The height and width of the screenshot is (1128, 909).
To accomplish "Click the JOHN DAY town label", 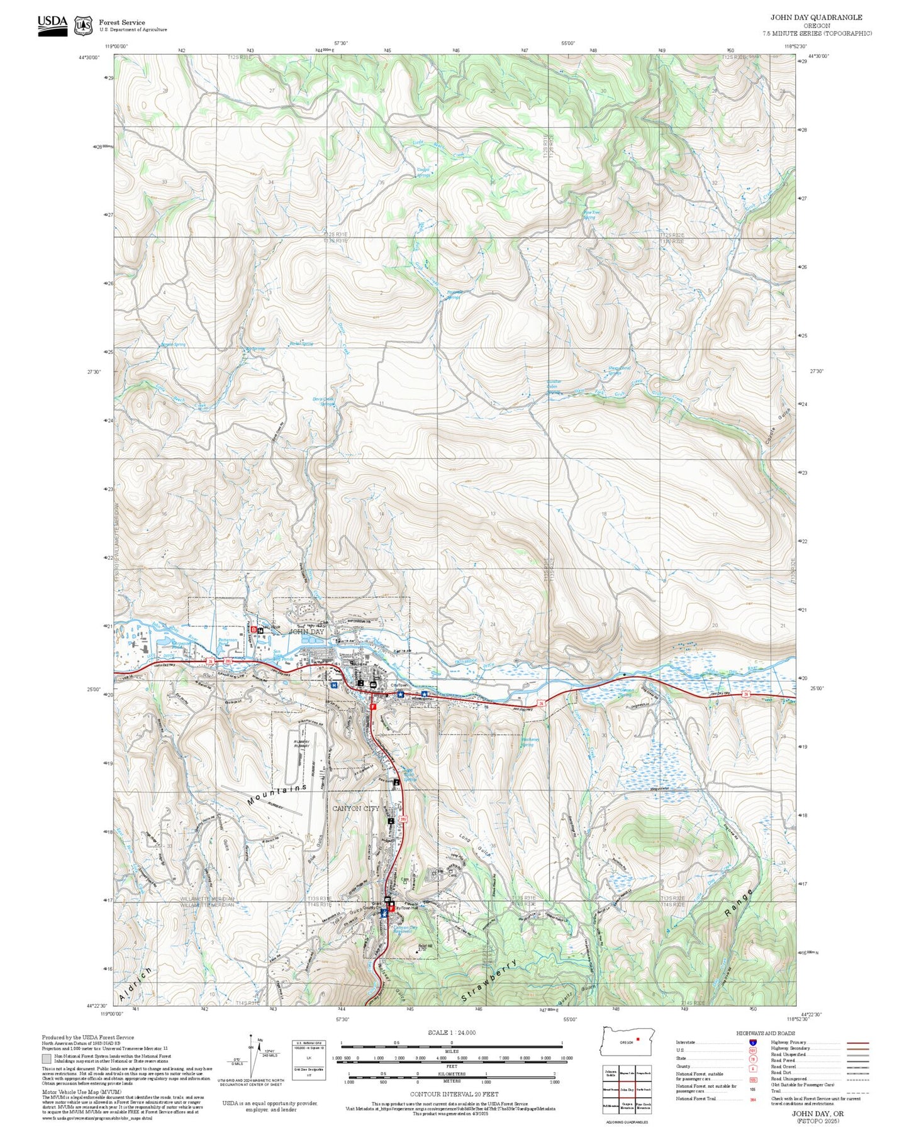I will click(x=306, y=632).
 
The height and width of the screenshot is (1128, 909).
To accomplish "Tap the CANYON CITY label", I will click(x=355, y=809).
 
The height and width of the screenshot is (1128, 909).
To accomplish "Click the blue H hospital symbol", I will click(x=334, y=685).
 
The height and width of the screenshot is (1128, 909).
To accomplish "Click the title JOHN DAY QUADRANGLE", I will click(x=816, y=18).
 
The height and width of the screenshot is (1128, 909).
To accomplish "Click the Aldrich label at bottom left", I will click(x=135, y=986).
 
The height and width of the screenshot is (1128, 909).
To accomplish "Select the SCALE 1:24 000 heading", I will click(x=452, y=1032).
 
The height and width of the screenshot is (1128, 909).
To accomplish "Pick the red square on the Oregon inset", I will click(x=638, y=1039).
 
